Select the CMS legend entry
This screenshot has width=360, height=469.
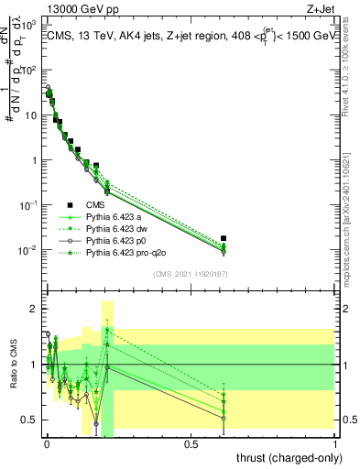pos(97,204)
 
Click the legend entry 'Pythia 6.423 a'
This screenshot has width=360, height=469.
pos(115,217)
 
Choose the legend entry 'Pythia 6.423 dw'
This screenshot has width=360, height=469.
pos(117,229)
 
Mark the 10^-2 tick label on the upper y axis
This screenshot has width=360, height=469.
pos(27,250)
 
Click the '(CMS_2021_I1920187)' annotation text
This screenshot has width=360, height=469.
pos(191,274)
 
